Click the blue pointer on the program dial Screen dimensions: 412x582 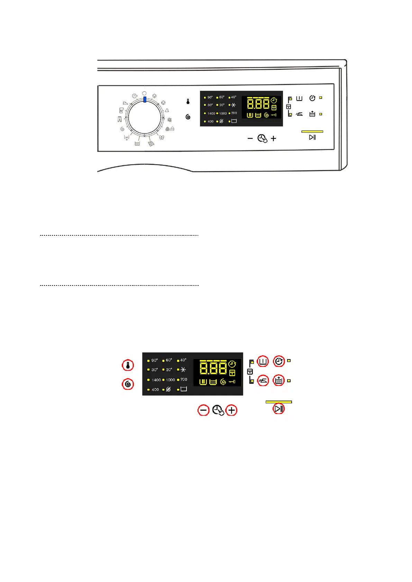145,100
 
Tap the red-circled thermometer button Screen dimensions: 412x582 128,365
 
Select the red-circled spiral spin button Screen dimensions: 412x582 128,384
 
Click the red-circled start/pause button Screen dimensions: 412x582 278,409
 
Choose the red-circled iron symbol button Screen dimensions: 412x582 263,381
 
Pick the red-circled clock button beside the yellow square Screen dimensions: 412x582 279,362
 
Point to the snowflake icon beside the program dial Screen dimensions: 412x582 170,120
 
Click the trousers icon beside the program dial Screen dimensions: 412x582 120,119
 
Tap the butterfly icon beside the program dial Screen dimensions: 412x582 161,137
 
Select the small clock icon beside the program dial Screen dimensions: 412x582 134,96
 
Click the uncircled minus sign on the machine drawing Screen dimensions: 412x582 250,139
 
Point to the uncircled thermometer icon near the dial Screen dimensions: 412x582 188,102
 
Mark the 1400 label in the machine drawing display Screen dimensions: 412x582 211,113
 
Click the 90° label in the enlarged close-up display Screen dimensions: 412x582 154,360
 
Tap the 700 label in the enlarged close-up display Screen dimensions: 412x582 184,379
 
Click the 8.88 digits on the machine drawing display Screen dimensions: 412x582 258,104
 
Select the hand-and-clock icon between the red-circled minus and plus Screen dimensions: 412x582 218,410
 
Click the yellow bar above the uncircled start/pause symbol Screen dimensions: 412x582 312,132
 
